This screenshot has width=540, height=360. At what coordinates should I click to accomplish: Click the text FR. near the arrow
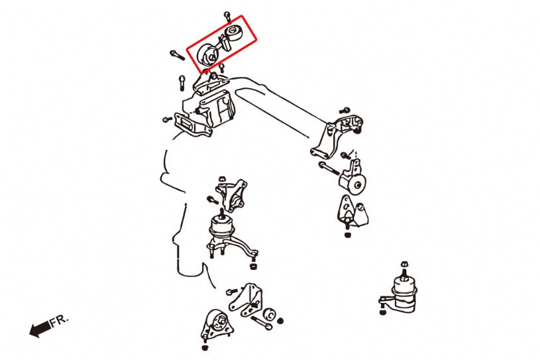click(60, 321)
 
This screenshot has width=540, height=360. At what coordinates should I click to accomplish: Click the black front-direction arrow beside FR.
click(40, 330)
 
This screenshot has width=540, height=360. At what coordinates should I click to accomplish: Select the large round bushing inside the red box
click(208, 55)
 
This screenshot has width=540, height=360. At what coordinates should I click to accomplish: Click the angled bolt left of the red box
click(177, 55)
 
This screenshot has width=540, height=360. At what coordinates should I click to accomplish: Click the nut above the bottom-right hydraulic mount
click(404, 265)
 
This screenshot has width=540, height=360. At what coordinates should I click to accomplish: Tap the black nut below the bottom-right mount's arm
click(382, 312)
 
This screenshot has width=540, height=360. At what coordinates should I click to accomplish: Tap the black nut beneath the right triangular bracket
click(347, 235)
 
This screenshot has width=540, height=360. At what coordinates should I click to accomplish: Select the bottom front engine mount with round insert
click(217, 326)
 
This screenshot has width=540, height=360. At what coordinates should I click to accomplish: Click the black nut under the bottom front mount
click(205, 347)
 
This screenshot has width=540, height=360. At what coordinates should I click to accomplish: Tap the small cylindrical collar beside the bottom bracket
click(269, 314)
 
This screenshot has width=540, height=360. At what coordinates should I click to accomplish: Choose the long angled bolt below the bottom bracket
click(261, 323)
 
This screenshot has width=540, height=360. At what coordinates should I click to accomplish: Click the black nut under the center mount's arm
click(253, 267)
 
